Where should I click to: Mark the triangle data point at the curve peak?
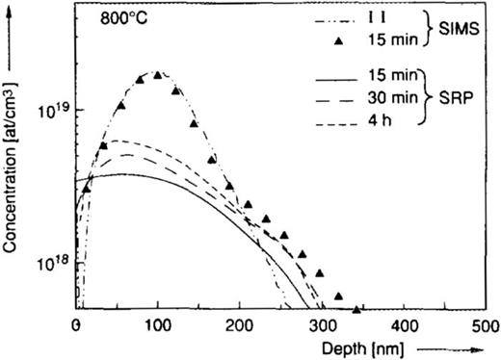tap(158, 74)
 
